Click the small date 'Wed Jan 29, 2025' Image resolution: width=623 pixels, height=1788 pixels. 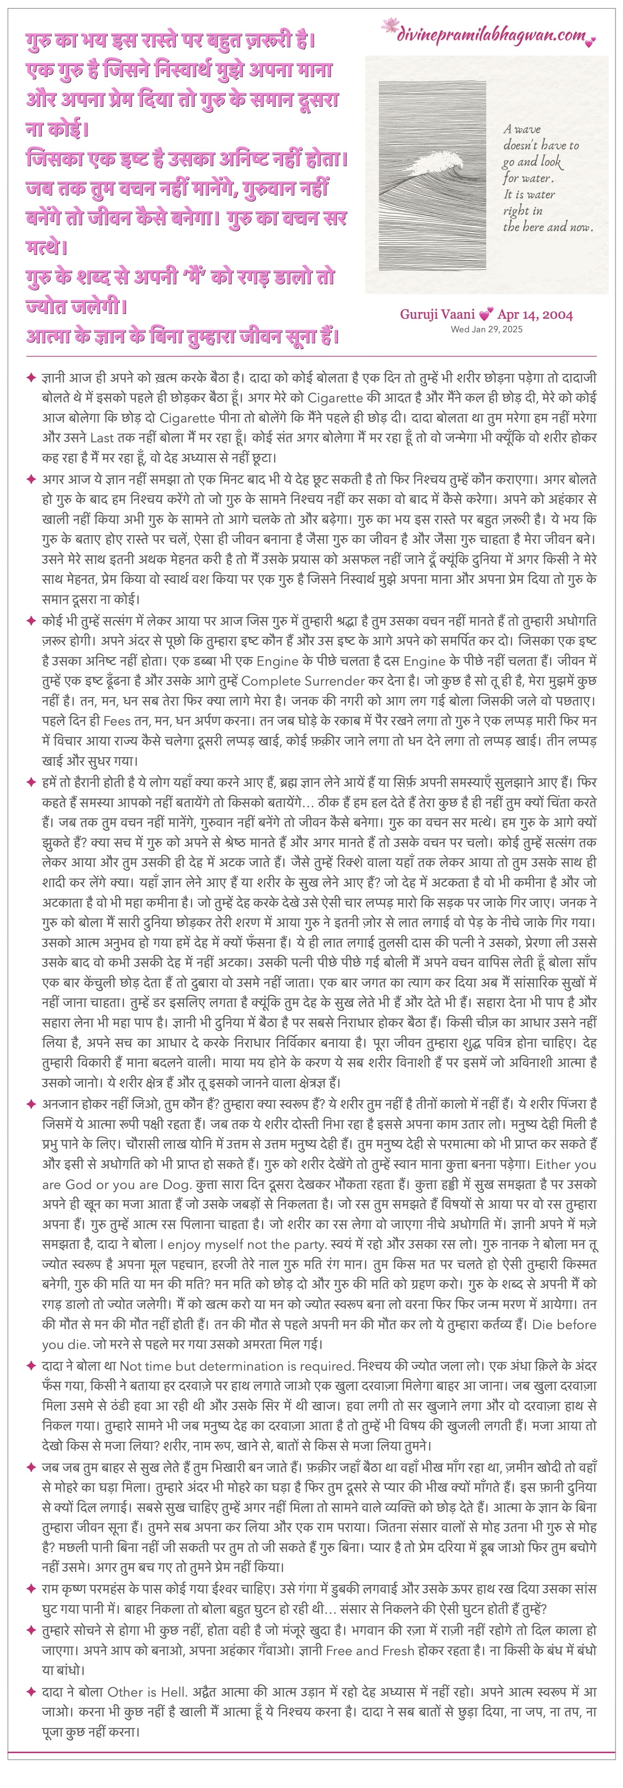pyautogui.click(x=486, y=329)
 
